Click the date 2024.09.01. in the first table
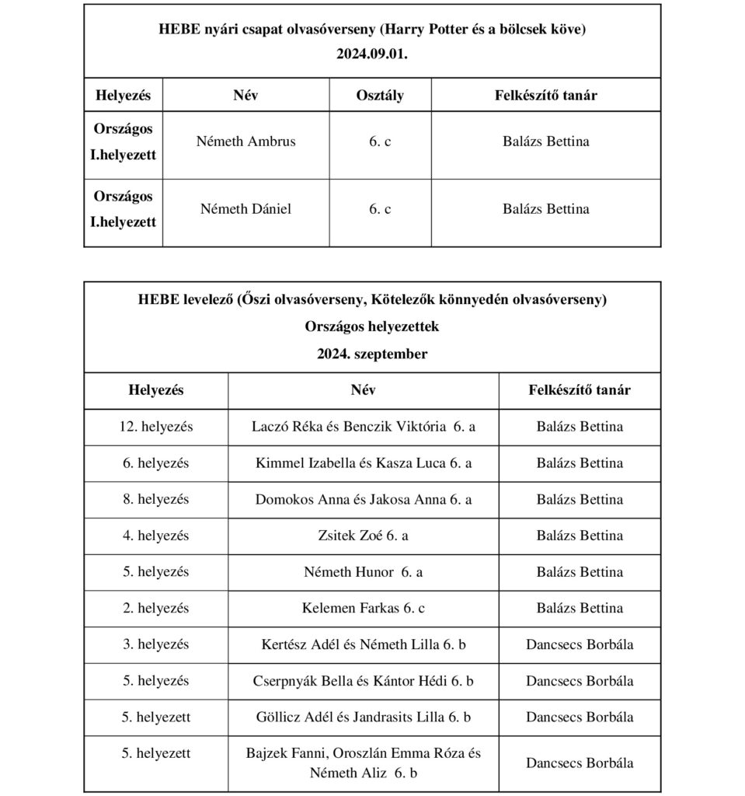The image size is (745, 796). (372, 56)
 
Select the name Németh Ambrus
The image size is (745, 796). (245, 142)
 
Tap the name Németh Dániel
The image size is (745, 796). (245, 209)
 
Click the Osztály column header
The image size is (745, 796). (380, 96)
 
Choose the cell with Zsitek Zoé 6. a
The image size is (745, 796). (364, 536)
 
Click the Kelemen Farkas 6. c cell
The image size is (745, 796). (364, 608)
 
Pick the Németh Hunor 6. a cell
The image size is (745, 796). (364, 572)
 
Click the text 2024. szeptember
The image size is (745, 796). (372, 354)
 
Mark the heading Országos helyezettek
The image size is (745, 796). (372, 326)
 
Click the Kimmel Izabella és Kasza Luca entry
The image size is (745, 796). (364, 463)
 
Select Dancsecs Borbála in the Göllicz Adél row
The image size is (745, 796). (580, 717)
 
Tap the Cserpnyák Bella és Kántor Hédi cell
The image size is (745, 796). (364, 681)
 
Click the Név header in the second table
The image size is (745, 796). (364, 390)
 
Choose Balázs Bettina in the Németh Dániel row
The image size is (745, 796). (545, 209)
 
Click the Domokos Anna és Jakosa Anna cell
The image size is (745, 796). (364, 500)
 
